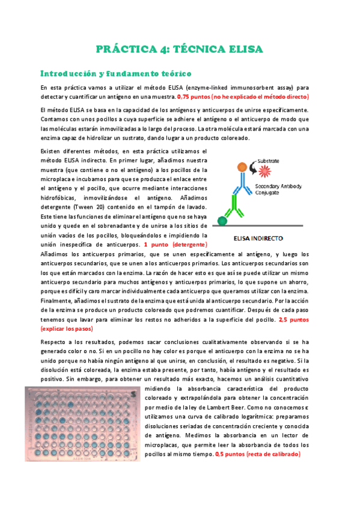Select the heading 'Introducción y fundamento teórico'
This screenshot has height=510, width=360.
coord(115,73)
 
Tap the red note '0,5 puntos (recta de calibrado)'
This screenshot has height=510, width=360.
coord(258,455)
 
